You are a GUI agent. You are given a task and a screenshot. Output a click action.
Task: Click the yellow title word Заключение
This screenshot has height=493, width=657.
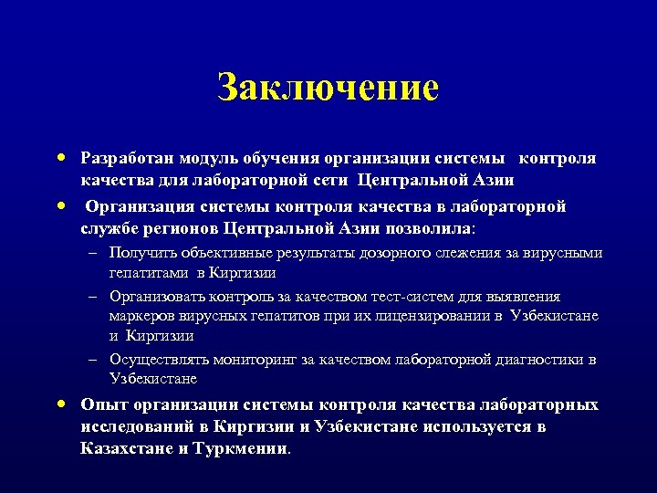click(x=328, y=89)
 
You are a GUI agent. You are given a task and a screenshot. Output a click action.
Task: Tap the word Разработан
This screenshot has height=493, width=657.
click(x=127, y=158)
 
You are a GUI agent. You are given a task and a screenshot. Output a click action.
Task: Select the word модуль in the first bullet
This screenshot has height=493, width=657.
click(x=208, y=158)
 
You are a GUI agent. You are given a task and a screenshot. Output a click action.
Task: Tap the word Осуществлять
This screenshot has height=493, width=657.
click(x=161, y=360)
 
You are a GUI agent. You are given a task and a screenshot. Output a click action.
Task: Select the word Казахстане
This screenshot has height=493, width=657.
click(x=127, y=448)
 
